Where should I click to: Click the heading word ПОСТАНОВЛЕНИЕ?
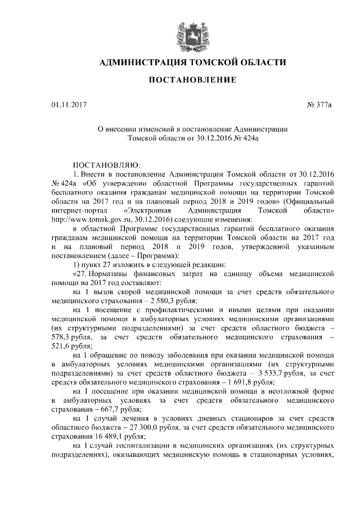point(192,80)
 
